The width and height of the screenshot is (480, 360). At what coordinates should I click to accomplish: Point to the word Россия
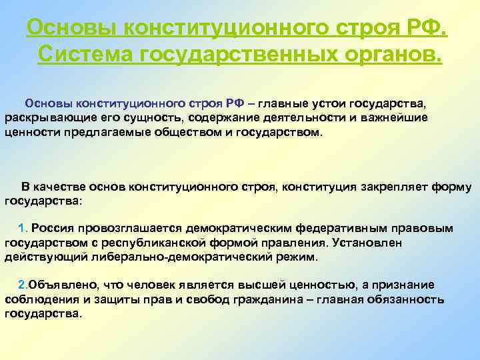click(52, 228)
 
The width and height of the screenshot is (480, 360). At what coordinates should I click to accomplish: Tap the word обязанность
click(406, 299)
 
